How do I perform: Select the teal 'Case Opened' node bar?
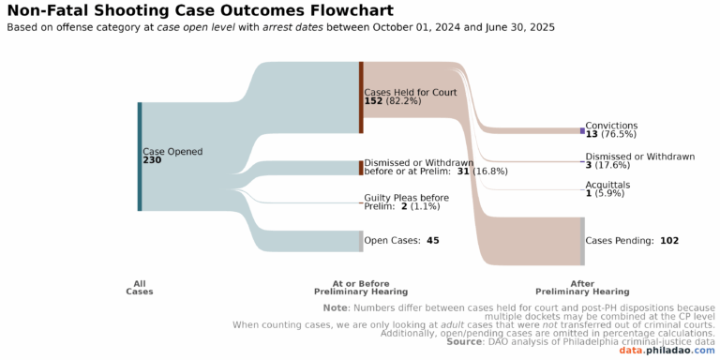pos(140,157)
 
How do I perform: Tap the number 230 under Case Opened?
pos(152,160)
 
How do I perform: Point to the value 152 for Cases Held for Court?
pos(375,101)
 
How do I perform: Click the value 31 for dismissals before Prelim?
pos(463,172)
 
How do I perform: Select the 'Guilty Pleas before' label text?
pos(406,198)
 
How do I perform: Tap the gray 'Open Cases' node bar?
pos(361,241)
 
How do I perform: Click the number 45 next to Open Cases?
pos(432,241)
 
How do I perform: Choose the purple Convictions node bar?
pos(582,130)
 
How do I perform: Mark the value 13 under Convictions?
pos(592,135)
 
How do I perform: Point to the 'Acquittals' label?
pos(607,185)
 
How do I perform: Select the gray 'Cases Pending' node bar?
pos(582,241)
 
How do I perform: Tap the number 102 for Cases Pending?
pos(669,241)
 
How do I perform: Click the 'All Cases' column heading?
pos(140,287)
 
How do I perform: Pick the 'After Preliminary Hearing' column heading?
pos(582,287)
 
